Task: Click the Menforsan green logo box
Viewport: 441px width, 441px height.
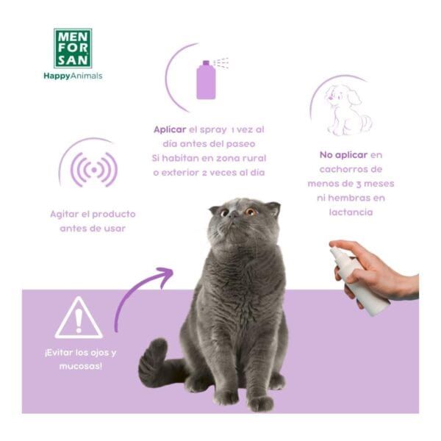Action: click(73, 49)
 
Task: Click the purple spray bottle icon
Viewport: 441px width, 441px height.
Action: click(206, 79)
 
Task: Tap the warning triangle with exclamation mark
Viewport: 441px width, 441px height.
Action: click(79, 318)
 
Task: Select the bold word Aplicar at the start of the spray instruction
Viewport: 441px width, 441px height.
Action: click(170, 129)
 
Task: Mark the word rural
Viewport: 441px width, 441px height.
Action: click(254, 158)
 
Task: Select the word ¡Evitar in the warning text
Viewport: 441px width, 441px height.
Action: click(59, 351)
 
